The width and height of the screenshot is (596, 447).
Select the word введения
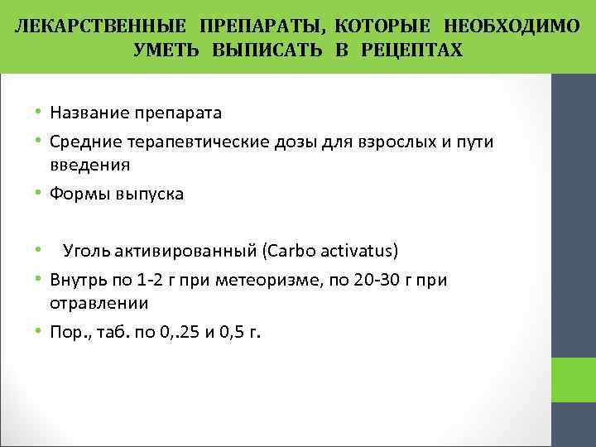pyautogui.click(x=89, y=165)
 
